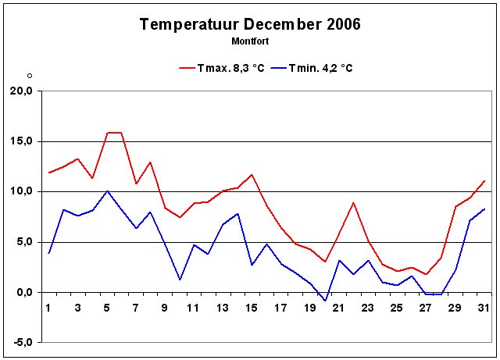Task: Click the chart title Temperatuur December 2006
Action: (x=249, y=24)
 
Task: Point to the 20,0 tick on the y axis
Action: (x=21, y=91)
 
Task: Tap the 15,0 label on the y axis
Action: (x=21, y=141)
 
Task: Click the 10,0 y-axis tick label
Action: (x=21, y=191)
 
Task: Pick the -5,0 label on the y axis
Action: (x=21, y=342)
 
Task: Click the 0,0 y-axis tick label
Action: (x=23, y=292)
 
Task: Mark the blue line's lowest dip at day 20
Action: (x=325, y=300)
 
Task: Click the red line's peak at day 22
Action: (x=354, y=202)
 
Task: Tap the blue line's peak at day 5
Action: (x=107, y=191)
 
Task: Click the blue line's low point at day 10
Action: (x=180, y=280)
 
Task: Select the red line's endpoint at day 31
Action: (x=484, y=181)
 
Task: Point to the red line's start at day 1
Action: (x=49, y=173)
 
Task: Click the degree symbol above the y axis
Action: (x=30, y=76)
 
